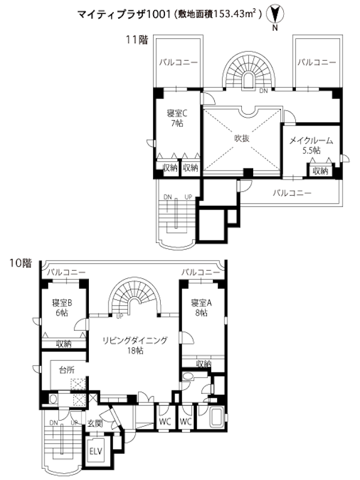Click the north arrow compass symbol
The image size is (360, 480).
point(275,14)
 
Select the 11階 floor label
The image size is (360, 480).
point(137,40)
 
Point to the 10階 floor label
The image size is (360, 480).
point(20,263)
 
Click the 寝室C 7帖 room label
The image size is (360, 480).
point(177,118)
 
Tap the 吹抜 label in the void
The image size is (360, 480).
point(242,139)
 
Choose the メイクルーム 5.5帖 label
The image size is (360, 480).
point(311,145)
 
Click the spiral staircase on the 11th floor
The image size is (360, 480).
point(248,70)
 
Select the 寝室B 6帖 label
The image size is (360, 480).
point(62,308)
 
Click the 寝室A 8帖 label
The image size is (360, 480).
point(201,308)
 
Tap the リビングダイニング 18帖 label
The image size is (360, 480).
point(135,346)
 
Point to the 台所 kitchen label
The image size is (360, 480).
point(67,370)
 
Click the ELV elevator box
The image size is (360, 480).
point(95,452)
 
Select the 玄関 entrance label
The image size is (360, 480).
point(95,424)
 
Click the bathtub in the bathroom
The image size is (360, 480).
point(217,416)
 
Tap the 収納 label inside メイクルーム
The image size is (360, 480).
point(320,171)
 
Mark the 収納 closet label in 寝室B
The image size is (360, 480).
point(64,344)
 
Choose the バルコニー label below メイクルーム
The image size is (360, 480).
point(292,193)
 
